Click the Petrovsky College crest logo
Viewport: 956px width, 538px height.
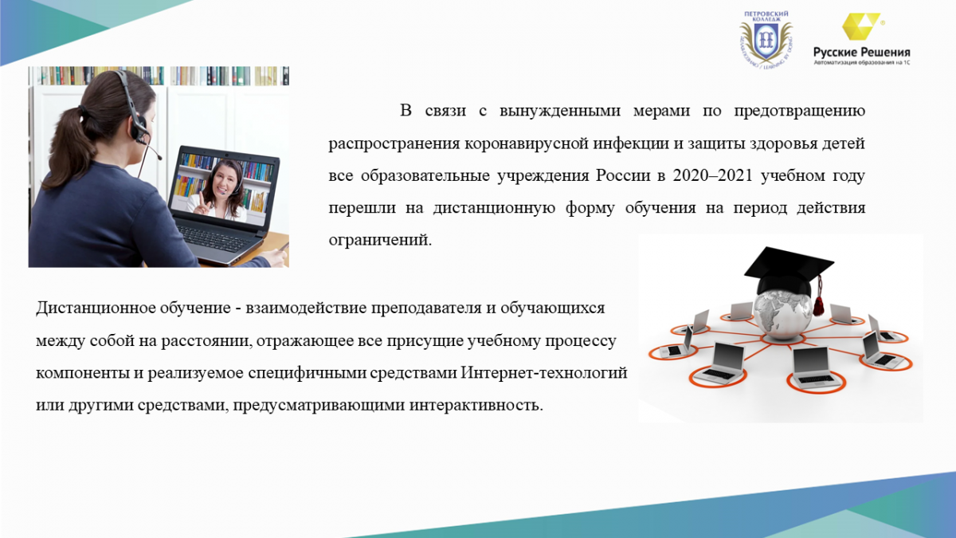point(766,39)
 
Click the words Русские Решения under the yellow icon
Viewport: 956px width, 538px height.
point(862,53)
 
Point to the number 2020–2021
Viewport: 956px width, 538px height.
point(712,175)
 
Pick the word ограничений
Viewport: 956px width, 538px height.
point(380,240)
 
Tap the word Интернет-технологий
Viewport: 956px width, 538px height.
point(543,373)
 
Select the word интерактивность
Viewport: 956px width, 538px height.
point(476,405)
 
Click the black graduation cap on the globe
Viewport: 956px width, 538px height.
point(788,270)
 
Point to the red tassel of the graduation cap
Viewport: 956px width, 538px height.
point(819,296)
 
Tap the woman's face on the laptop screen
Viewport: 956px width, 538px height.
point(223,179)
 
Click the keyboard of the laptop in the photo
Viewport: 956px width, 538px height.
point(216,238)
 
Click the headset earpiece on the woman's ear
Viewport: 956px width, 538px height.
point(139,129)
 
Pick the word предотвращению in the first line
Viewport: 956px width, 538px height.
point(799,111)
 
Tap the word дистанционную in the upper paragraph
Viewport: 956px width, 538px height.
point(494,208)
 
